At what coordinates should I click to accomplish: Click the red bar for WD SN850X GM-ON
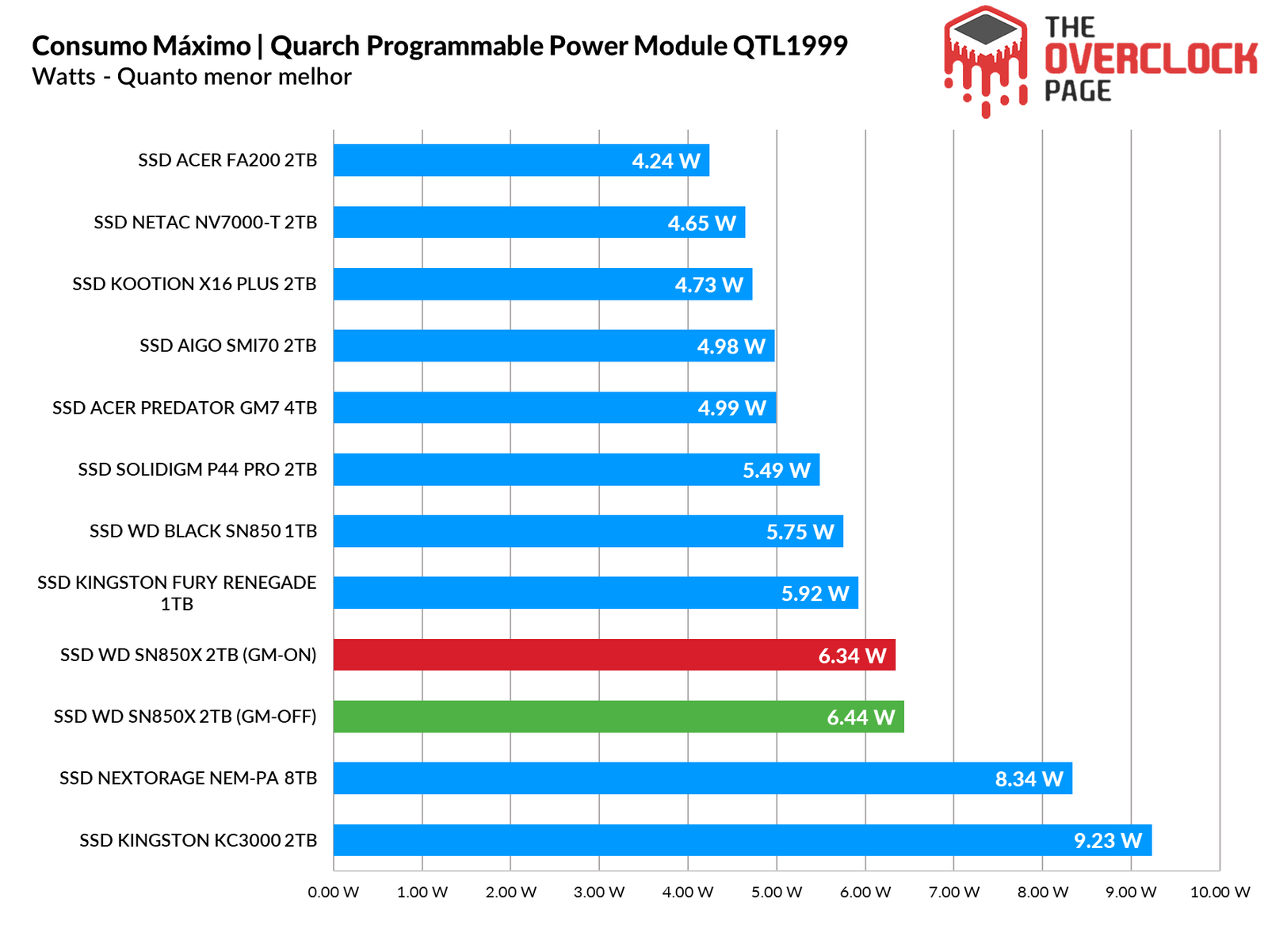tap(614, 655)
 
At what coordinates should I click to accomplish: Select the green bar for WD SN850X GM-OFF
tap(618, 717)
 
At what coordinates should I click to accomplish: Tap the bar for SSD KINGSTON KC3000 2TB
tap(742, 840)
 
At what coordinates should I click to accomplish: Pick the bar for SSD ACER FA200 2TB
tap(521, 160)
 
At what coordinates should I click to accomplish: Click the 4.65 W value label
tap(701, 223)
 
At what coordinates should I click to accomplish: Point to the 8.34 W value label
tap(1029, 779)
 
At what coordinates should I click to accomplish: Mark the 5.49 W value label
tap(776, 470)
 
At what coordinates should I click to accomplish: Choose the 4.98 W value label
tap(731, 346)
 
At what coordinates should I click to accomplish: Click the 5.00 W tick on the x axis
tap(777, 892)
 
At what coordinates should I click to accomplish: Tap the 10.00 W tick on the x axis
tap(1220, 892)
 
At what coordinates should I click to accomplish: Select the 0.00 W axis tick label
tap(334, 892)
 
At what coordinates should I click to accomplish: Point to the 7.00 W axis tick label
tap(954, 892)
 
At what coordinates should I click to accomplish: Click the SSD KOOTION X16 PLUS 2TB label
tap(194, 284)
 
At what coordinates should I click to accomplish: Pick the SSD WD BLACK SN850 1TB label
tap(203, 531)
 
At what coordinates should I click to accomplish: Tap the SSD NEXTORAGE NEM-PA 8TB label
tap(188, 778)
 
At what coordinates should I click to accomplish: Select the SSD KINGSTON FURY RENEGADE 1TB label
tap(177, 593)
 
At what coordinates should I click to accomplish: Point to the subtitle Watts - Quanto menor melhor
tap(192, 77)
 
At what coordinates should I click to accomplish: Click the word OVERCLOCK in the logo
tap(1151, 59)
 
